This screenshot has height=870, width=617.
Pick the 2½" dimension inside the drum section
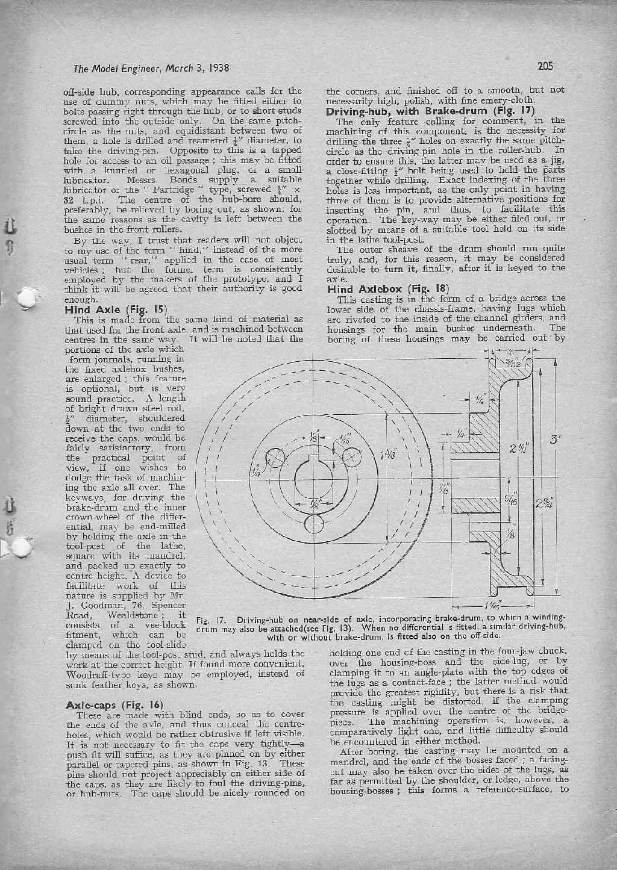pos(518,449)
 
